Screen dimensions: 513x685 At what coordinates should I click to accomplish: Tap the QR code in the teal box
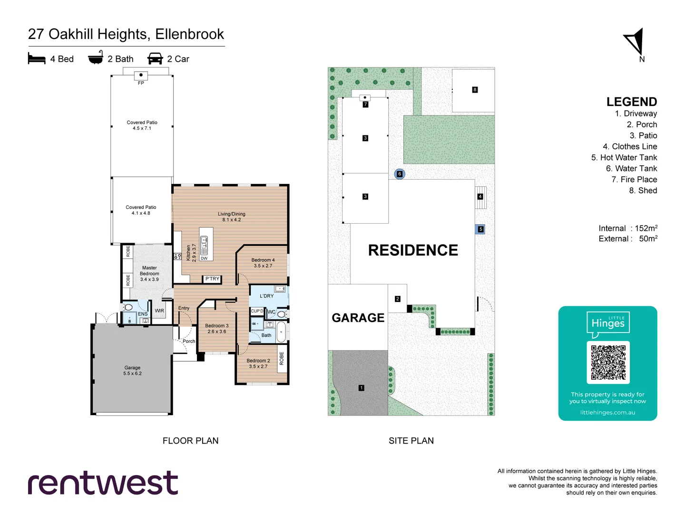tap(608, 362)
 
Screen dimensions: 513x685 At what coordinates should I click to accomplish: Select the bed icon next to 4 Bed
tap(37, 58)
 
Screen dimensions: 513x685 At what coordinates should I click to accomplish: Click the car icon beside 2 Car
tap(155, 58)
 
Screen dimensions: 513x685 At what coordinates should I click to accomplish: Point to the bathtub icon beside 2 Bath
tap(96, 57)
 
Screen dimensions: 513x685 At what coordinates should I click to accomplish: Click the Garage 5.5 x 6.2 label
tap(132, 370)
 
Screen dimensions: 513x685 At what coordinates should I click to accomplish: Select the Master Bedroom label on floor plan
tap(149, 274)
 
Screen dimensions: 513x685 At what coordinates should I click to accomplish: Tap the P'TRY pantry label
tap(212, 279)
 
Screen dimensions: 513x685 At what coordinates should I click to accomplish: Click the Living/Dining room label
tap(232, 217)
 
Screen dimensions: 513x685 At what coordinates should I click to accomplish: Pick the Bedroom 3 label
tap(217, 329)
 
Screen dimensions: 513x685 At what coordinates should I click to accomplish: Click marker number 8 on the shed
tap(475, 90)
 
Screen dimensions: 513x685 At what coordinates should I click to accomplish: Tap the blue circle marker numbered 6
tap(400, 174)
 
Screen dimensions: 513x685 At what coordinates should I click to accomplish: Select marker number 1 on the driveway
tap(362, 388)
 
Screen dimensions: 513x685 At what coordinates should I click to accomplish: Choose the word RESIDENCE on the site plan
tap(413, 250)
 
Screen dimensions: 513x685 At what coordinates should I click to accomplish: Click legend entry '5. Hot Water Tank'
tap(624, 158)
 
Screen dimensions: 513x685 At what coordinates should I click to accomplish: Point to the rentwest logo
tap(103, 483)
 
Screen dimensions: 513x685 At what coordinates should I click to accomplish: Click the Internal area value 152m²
tap(646, 228)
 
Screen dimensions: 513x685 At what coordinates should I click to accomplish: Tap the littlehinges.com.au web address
tap(607, 412)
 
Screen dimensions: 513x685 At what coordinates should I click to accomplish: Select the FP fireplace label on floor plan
tap(141, 83)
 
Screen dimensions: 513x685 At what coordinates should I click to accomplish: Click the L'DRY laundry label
tap(266, 296)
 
